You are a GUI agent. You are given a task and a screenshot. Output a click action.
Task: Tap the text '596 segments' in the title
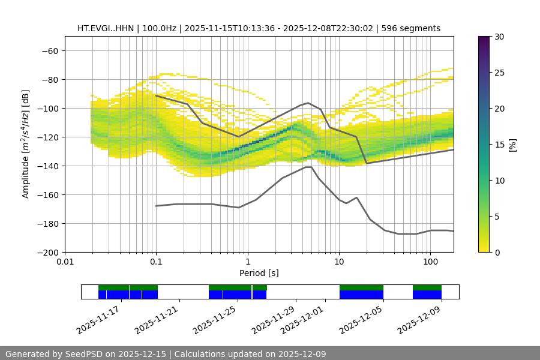(x=414, y=28)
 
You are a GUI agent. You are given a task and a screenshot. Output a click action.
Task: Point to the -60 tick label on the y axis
(x=49, y=50)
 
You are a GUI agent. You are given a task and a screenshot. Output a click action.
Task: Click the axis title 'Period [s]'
(x=259, y=273)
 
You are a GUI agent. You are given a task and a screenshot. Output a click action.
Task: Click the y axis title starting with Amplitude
(x=26, y=144)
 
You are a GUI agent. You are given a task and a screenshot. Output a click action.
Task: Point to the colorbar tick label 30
(x=499, y=37)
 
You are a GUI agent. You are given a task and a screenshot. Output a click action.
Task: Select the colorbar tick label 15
(x=499, y=145)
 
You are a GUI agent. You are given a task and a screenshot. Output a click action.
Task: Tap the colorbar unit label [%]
(x=512, y=145)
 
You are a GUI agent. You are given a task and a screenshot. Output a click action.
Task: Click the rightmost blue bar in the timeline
(x=427, y=295)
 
